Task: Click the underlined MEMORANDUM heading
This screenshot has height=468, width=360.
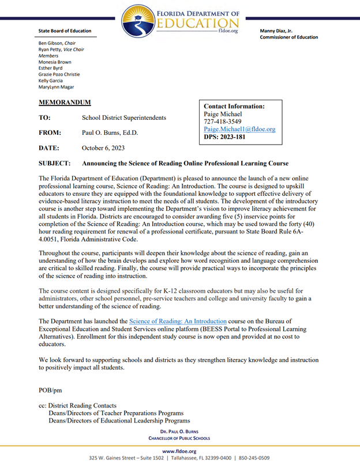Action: click(65, 103)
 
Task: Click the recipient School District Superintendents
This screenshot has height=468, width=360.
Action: click(124, 118)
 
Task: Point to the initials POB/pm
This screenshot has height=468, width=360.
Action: click(51, 390)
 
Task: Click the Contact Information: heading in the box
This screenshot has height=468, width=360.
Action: click(234, 106)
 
